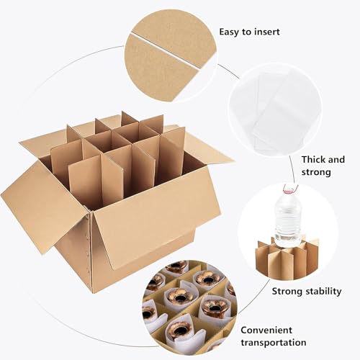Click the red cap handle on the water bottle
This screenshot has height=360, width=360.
coord(289,189)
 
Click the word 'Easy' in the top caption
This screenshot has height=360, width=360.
coord(230,32)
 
